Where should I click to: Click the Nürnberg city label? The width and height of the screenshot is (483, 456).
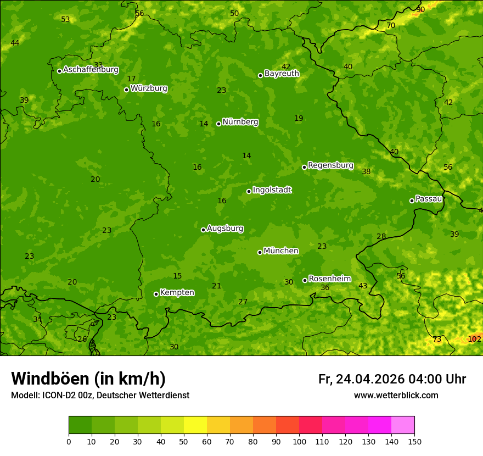[240, 122]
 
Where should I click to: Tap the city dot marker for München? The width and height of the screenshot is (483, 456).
[260, 252]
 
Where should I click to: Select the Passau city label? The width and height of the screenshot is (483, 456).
[429, 199]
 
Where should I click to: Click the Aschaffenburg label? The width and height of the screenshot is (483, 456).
[91, 70]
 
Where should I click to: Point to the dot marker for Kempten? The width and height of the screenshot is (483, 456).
[156, 294]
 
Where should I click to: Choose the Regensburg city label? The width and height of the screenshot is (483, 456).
[330, 165]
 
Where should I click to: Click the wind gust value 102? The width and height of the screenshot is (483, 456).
[474, 339]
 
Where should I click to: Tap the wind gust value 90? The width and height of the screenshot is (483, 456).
[420, 10]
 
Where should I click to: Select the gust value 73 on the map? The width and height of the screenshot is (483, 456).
[437, 340]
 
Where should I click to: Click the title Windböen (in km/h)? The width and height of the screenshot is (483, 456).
[88, 379]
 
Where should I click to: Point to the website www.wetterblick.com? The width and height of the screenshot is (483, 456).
[396, 395]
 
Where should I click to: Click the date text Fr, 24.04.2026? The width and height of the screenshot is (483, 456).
[361, 379]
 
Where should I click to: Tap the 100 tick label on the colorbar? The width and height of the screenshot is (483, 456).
[299, 441]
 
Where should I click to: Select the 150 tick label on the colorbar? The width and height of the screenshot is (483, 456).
[414, 441]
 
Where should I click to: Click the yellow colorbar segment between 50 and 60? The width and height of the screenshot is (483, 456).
[195, 425]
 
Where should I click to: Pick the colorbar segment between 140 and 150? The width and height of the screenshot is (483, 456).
[403, 425]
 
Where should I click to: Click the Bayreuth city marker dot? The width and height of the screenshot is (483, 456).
[260, 75]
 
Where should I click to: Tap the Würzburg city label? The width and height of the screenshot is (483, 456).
[149, 88]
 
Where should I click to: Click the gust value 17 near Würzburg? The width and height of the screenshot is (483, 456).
[131, 79]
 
